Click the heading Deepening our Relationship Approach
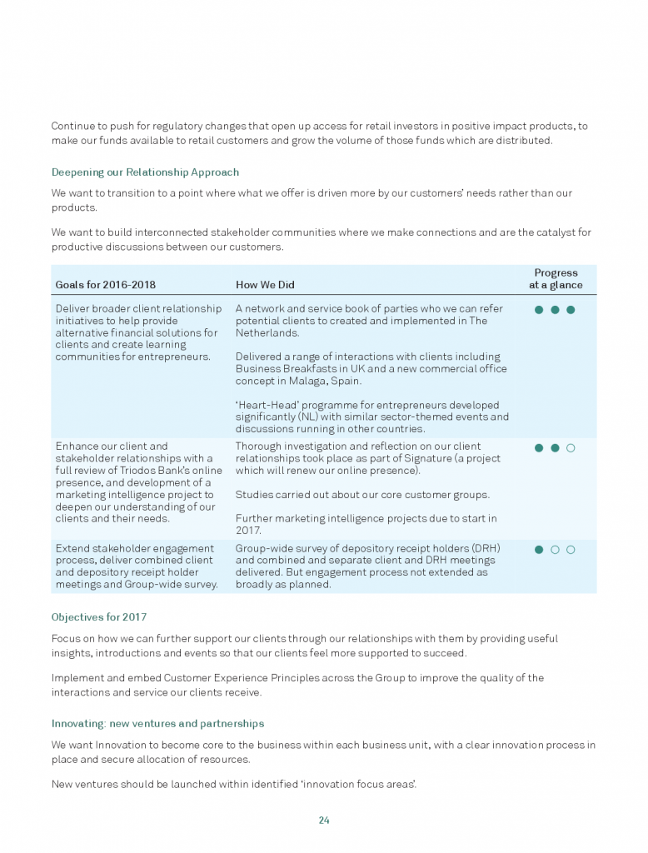tap(145, 172)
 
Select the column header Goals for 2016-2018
tap(105, 285)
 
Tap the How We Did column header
tap(265, 285)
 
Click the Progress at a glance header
tap(556, 279)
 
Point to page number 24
tap(324, 821)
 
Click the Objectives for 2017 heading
tap(99, 617)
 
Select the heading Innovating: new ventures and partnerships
tap(157, 723)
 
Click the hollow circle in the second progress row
tap(571, 448)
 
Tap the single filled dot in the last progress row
tap(539, 550)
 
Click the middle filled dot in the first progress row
tap(555, 310)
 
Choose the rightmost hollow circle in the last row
tap(571, 550)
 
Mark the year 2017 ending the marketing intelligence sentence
tap(248, 530)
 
